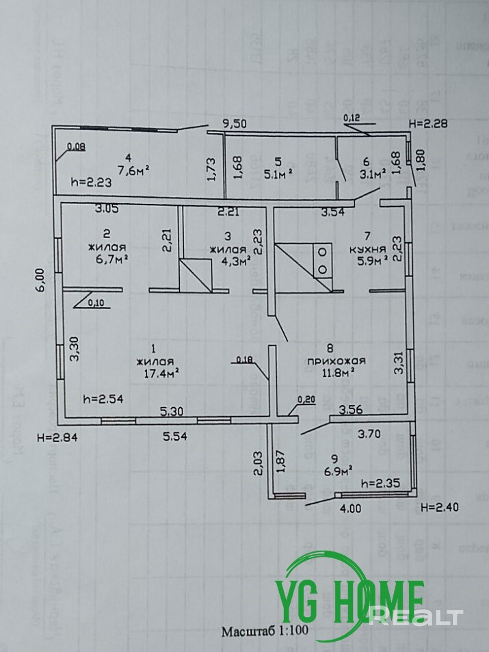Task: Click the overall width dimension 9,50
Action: pos(235,125)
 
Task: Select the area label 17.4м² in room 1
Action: pos(157,374)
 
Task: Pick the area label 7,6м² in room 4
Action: pos(133,170)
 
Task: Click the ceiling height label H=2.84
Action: pos(58,438)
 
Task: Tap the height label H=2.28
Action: pos(427,123)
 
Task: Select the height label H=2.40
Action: pos(439,507)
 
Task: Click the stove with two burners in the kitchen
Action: pos(320,261)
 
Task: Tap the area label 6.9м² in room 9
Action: pos(338,471)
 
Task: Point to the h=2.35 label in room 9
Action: pos(380,483)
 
